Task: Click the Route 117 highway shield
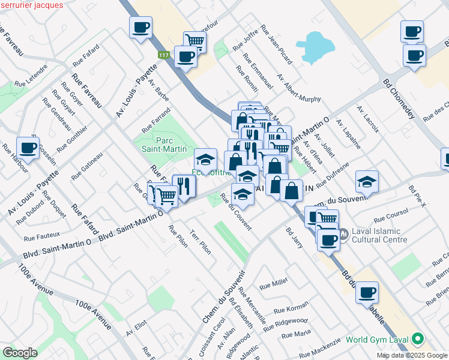pos(163,55)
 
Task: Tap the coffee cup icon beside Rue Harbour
pos(28,147)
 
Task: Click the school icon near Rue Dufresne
pos(367,181)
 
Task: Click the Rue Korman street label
pos(291,309)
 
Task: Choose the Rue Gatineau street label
pos(87,166)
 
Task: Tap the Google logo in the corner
pos(20,352)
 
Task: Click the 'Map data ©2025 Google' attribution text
pos(411,355)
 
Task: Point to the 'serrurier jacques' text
pos(31,5)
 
